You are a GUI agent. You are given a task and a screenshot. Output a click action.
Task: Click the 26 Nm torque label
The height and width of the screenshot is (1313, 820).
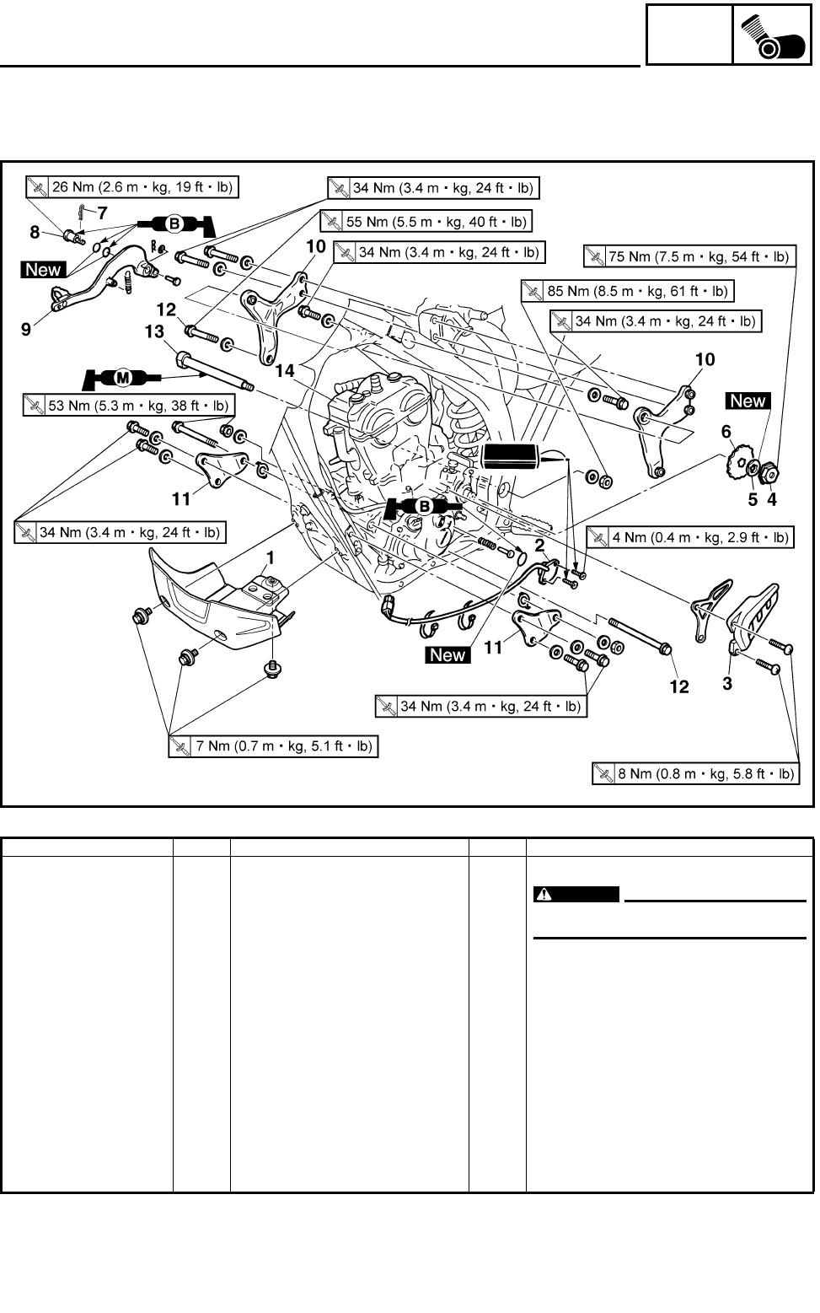[x=131, y=186]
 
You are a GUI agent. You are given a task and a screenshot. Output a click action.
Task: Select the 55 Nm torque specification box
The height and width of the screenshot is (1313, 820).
[x=426, y=222]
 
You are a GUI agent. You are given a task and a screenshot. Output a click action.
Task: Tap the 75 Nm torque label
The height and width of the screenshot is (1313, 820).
[x=688, y=256]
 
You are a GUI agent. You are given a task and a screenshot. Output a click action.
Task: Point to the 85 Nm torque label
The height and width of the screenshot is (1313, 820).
[x=626, y=291]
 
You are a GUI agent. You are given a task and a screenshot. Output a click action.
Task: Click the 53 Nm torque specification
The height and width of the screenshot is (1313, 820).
[x=129, y=406]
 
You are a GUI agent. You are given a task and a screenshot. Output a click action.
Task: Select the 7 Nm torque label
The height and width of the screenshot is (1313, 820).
[x=273, y=746]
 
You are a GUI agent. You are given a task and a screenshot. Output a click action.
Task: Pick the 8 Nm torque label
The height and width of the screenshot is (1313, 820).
[x=696, y=773]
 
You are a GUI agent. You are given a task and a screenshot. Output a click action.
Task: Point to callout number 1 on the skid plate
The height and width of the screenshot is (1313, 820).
[x=271, y=557]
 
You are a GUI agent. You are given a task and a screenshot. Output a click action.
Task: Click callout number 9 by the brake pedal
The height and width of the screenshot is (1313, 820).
[x=26, y=329]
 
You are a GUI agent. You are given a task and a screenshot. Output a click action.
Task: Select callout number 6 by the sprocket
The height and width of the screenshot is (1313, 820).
[x=726, y=432]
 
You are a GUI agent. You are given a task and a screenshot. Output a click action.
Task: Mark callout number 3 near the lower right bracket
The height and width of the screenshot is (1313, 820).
[x=726, y=683]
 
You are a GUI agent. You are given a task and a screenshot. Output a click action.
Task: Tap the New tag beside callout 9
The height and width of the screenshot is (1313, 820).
[x=44, y=270]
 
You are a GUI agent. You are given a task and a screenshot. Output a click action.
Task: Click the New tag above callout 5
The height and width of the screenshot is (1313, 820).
[x=748, y=401]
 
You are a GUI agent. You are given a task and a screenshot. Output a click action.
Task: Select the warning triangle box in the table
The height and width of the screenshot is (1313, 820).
[x=576, y=895]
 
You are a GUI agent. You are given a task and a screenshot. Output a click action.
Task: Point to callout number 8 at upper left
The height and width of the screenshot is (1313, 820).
[x=35, y=232]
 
